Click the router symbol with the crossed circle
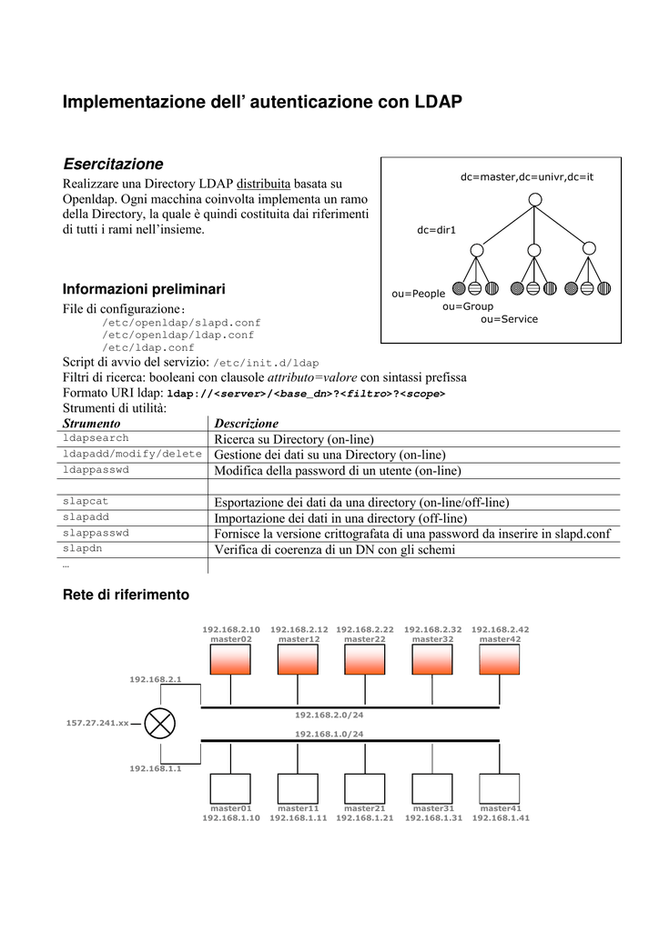161,723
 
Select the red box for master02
231,660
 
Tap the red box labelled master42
500,660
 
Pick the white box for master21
364,788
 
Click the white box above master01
231,788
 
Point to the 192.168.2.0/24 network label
329,716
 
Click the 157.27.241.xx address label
97,723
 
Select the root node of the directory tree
535,199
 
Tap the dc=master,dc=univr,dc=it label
526,176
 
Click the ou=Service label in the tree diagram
509,319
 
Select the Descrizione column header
246,424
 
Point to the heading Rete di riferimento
126,595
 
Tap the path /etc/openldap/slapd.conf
181,323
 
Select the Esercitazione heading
113,164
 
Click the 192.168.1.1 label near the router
156,768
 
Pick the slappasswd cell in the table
96,533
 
